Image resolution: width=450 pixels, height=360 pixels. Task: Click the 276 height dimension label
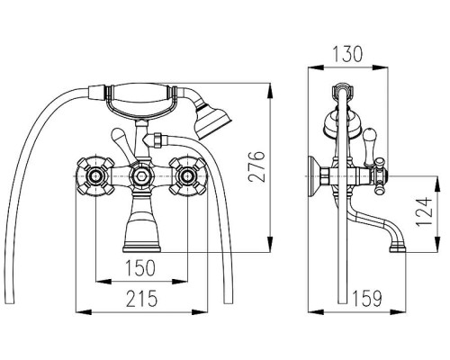point(256,166)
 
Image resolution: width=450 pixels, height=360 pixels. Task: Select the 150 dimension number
point(140,268)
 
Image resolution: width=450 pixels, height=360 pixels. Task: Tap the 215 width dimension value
point(141,299)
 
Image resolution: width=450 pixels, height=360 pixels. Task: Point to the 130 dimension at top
point(347,54)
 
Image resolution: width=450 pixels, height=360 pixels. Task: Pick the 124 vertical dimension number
point(424,211)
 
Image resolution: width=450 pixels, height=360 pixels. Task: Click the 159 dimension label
point(367,299)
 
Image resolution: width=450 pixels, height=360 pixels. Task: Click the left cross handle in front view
point(95,175)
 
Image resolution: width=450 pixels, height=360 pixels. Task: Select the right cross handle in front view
point(188,175)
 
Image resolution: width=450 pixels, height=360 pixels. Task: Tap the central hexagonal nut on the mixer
point(140,176)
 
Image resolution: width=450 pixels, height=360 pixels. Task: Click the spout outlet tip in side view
point(398,248)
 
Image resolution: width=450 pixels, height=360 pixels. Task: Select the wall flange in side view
point(314,176)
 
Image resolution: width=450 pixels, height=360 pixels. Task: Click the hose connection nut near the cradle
point(157,140)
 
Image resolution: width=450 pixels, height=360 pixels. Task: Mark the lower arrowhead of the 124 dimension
point(437,245)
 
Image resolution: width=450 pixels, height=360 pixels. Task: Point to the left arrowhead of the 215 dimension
point(83,312)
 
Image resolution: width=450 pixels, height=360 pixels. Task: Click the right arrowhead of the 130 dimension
point(380,67)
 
